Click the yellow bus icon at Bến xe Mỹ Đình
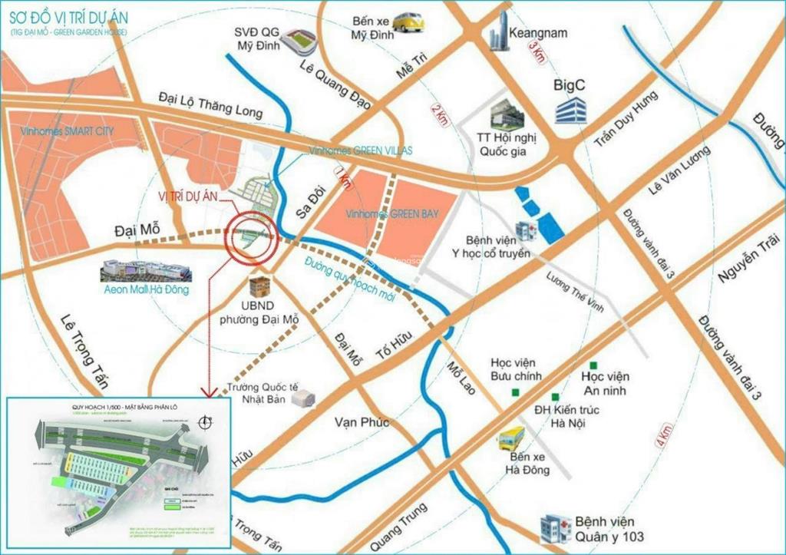pyautogui.click(x=408, y=22)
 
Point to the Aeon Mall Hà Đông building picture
pyautogui.click(x=144, y=271)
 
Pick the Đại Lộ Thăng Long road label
pyautogui.click(x=210, y=106)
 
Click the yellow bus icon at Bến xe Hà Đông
pyautogui.click(x=510, y=438)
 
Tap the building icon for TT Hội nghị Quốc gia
pyautogui.click(x=507, y=114)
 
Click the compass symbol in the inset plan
pyautogui.click(x=203, y=421)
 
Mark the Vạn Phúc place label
pyautogui.click(x=362, y=422)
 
